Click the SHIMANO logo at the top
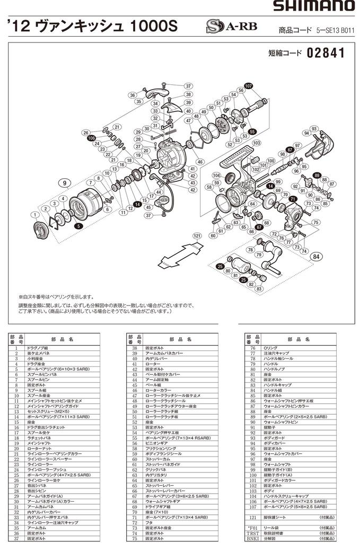(x=314, y=6)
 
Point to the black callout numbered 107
(x=249, y=86)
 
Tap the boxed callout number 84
(x=317, y=257)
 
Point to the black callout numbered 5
(x=78, y=226)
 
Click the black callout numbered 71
(x=292, y=199)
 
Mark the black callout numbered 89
(x=317, y=175)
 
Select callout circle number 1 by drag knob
(x=35, y=215)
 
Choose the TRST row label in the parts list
(x=251, y=533)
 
